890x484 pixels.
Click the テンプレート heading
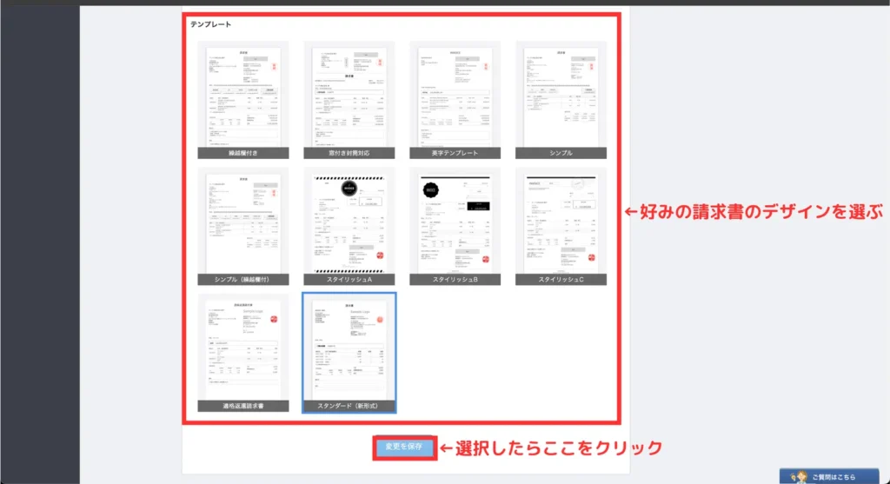click(x=211, y=24)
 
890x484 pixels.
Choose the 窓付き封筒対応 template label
click(x=349, y=153)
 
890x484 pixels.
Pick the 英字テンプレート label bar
click(x=455, y=153)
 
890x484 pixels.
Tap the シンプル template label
click(x=561, y=153)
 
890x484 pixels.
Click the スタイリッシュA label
click(x=349, y=280)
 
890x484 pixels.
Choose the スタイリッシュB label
click(x=455, y=280)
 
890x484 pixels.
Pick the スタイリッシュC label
click(x=561, y=280)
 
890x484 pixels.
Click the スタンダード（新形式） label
click(x=349, y=406)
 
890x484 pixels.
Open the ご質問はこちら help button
click(x=834, y=476)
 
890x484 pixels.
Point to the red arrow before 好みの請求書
click(x=633, y=211)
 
